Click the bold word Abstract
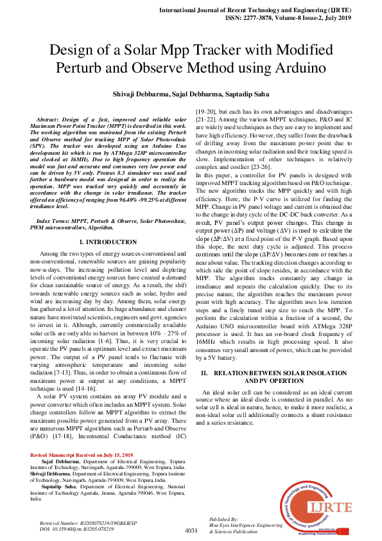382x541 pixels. pyautogui.click(x=55, y=120)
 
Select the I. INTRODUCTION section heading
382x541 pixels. pyautogui.click(x=108, y=242)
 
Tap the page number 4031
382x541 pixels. pyautogui.click(x=191, y=530)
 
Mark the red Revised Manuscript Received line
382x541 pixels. pyautogui.click(x=82, y=455)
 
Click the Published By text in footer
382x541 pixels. pyautogui.click(x=224, y=519)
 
